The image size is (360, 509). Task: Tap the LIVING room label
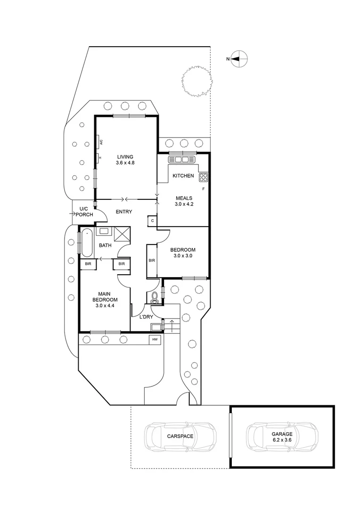125,157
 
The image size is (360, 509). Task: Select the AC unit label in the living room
101,141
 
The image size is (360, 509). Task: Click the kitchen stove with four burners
204,177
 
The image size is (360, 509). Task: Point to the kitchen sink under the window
183,160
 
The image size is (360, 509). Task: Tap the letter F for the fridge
203,189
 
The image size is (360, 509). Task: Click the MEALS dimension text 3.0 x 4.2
183,204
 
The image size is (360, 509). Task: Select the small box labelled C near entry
152,220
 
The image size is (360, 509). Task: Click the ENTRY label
123,212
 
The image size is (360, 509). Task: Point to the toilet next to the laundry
155,297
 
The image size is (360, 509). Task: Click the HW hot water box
155,339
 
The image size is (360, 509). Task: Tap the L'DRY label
145,317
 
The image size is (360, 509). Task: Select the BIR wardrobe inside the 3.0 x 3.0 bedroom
152,260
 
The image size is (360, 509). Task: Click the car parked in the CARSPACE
180,436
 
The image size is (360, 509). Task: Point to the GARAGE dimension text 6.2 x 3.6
281,440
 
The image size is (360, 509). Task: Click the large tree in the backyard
196,81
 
